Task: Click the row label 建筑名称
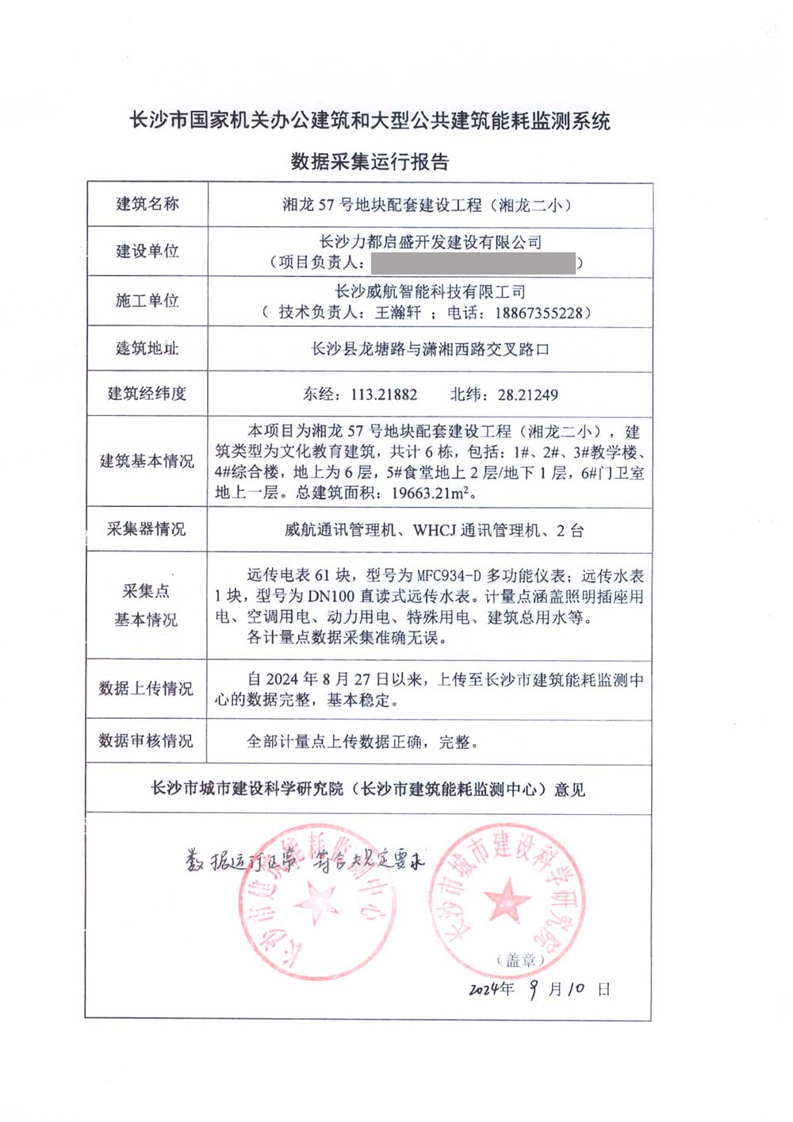click(x=147, y=204)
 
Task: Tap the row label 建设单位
click(x=147, y=252)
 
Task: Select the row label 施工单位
click(x=147, y=301)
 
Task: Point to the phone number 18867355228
click(x=538, y=313)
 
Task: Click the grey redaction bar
click(x=473, y=263)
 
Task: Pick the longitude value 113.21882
click(x=384, y=394)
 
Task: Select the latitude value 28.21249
click(x=528, y=394)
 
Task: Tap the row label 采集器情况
click(x=147, y=529)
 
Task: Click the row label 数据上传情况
click(x=146, y=689)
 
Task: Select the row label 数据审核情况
click(x=146, y=741)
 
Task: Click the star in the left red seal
click(x=317, y=903)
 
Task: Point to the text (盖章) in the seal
click(x=521, y=960)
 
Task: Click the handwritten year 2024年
click(x=492, y=989)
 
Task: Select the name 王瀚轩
click(x=398, y=313)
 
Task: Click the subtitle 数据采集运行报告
click(x=370, y=162)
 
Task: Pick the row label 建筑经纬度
click(x=147, y=394)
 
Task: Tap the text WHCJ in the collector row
click(x=435, y=530)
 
